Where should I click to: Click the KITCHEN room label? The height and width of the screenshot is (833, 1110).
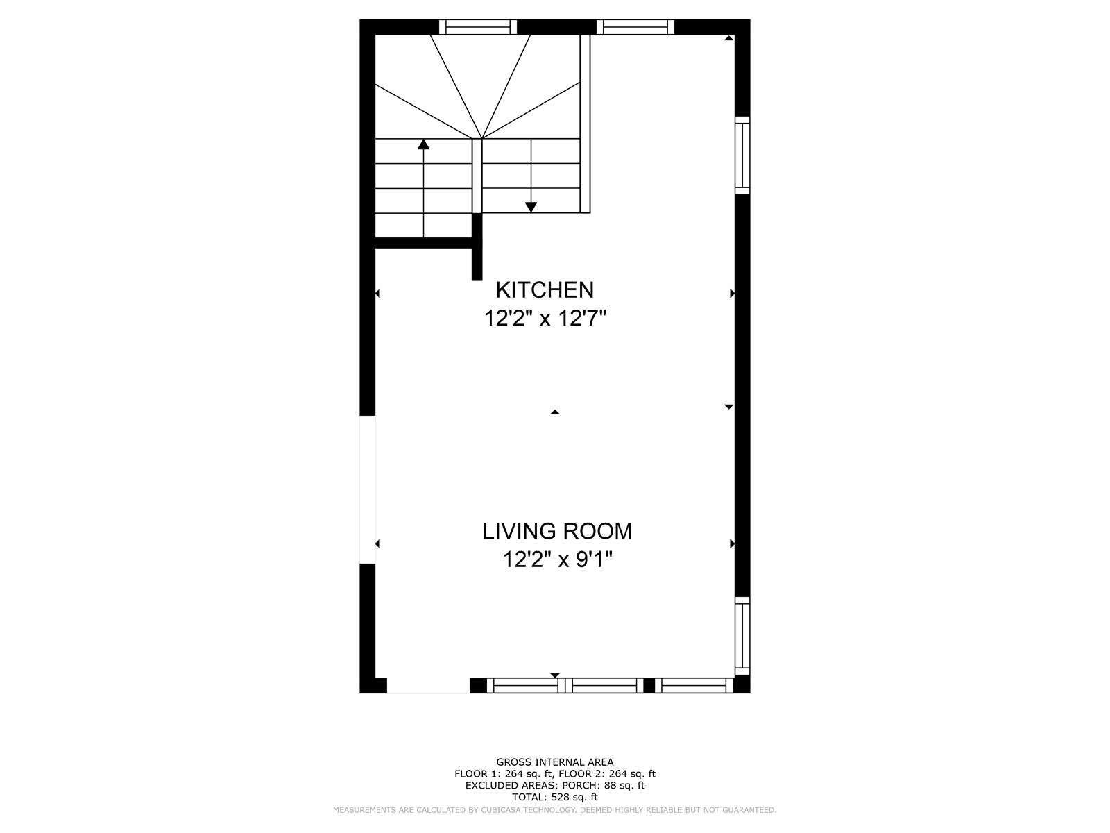(x=545, y=290)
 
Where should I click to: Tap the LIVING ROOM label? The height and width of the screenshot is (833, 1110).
(x=557, y=532)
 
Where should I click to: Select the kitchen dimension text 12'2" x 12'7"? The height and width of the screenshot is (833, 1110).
(x=545, y=319)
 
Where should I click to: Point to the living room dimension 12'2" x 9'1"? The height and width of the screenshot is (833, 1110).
(x=557, y=560)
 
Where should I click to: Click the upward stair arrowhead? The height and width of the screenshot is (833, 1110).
(x=423, y=144)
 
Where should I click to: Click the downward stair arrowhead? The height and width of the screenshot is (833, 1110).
(x=531, y=208)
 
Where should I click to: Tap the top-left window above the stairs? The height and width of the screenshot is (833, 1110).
(x=478, y=27)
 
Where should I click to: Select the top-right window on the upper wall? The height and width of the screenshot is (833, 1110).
(x=635, y=27)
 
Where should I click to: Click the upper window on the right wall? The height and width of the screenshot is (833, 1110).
(x=742, y=155)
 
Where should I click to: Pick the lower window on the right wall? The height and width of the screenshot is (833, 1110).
(x=742, y=636)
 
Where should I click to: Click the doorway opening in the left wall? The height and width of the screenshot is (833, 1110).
(x=368, y=489)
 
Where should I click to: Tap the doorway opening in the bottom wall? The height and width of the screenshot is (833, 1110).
(x=428, y=685)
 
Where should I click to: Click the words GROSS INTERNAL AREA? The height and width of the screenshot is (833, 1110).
(x=555, y=762)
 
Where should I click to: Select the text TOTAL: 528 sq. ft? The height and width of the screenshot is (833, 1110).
(x=555, y=797)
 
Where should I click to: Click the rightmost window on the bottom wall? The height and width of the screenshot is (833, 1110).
(x=694, y=685)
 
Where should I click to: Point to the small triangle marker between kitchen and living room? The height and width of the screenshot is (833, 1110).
(x=555, y=412)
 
